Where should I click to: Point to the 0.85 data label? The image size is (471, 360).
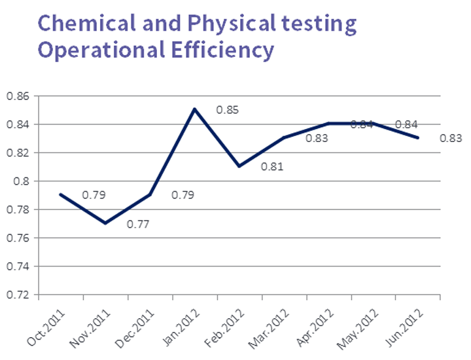pos(228,110)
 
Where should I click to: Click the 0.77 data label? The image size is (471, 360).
pos(139,225)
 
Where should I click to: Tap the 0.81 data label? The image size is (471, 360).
pos(271,167)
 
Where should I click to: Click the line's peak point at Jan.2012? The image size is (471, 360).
pos(195,109)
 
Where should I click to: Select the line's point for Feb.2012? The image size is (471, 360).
pos(239,166)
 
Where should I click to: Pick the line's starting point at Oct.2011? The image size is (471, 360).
pos(61,194)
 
